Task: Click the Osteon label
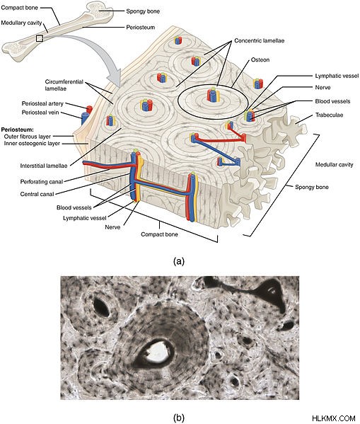point(260,59)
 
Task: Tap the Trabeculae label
point(329,115)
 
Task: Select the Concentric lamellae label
point(259,40)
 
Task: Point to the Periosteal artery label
point(42,103)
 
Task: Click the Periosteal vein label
point(40,113)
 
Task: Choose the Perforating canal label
point(42,182)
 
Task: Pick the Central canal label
point(37,194)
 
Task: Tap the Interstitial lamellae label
point(44,166)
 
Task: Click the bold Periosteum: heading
point(17,130)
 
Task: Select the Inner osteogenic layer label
point(32,143)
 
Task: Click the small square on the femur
point(40,38)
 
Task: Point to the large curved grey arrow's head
point(115,76)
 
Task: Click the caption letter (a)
point(179,261)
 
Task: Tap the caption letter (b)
point(179,418)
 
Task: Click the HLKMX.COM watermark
point(334,418)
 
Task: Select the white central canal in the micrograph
point(158,353)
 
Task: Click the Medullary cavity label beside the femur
point(21,23)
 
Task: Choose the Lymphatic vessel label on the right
point(337,76)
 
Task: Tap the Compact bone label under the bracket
point(159,234)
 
